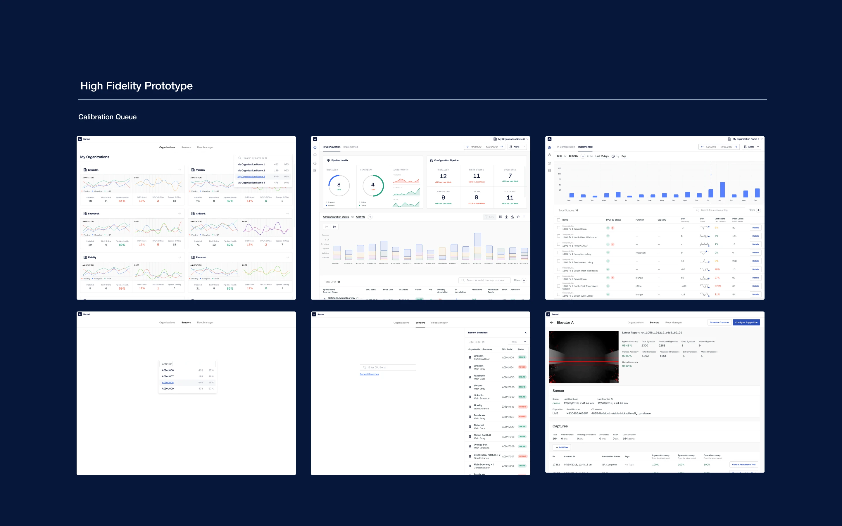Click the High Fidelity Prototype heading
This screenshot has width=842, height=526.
(137, 86)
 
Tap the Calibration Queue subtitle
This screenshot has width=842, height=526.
(107, 117)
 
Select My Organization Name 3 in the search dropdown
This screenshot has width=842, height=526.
(251, 177)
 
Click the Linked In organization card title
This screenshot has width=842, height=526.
(93, 170)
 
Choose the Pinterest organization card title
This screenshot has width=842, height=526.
(201, 257)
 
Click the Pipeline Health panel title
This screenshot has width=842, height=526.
(339, 160)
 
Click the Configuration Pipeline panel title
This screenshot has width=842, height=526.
(446, 160)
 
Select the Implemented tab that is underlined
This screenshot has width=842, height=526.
(585, 147)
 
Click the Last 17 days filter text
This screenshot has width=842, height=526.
(602, 156)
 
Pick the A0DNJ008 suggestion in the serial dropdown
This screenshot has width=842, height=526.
(168, 382)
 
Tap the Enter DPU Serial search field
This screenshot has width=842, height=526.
(388, 367)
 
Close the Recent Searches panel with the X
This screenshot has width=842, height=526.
(525, 333)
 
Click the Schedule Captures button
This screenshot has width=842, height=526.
(719, 323)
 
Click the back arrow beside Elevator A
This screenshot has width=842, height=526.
(551, 323)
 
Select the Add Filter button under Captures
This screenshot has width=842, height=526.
(562, 447)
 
